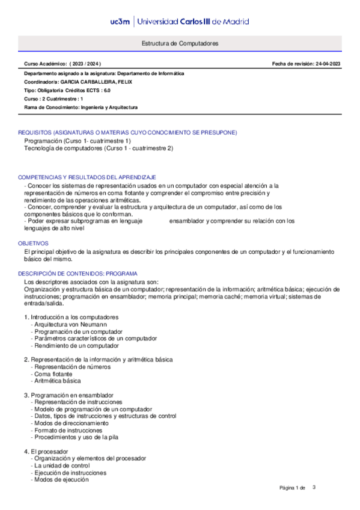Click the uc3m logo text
point(122,21)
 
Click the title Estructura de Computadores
point(180,44)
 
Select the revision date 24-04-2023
point(328,64)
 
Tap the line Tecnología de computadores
point(98,148)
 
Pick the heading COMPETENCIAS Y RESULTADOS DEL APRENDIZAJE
point(87,177)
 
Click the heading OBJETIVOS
point(32,243)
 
